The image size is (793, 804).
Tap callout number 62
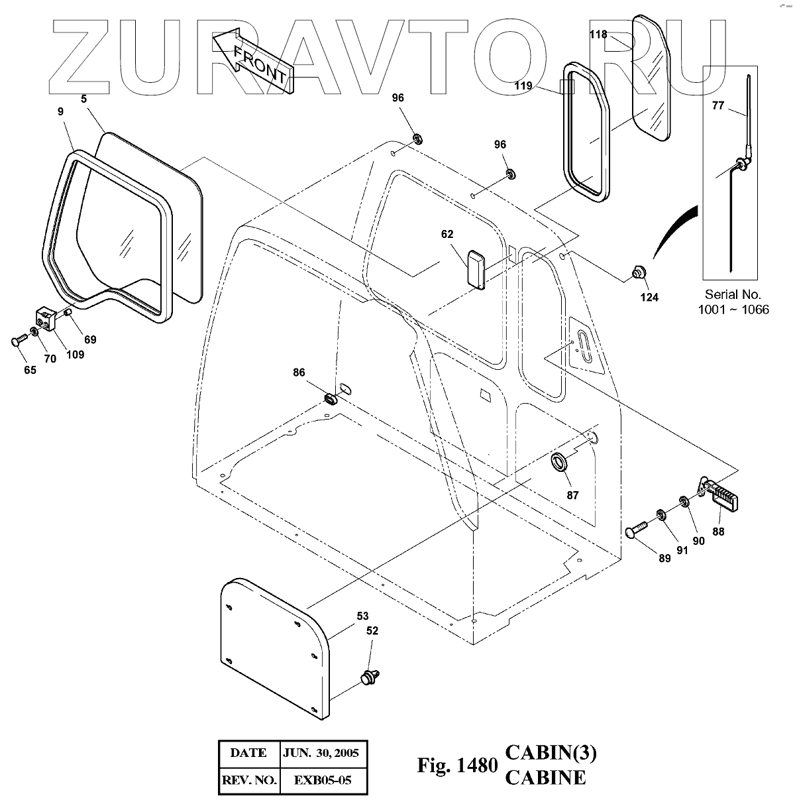(x=447, y=234)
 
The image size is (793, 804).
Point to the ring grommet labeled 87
(x=561, y=462)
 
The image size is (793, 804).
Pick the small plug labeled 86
(x=330, y=399)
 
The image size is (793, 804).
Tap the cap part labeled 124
(x=639, y=272)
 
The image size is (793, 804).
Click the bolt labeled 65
(x=17, y=339)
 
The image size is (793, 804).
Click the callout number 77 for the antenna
(x=717, y=105)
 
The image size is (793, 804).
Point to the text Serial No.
(x=733, y=294)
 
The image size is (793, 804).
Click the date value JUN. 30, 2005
(x=321, y=753)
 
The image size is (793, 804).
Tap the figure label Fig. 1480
(x=456, y=766)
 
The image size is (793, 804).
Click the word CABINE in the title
(x=545, y=777)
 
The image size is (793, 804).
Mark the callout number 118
(x=598, y=34)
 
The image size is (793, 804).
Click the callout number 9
(x=61, y=111)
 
